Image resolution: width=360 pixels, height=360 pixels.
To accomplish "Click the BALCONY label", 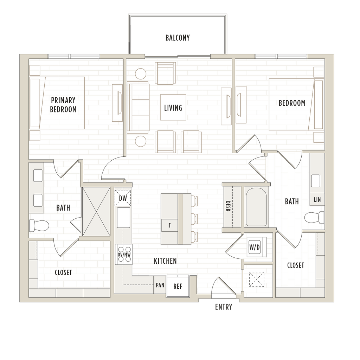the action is click(x=178, y=38).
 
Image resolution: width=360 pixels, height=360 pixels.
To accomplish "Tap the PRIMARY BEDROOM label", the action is click(x=63, y=105).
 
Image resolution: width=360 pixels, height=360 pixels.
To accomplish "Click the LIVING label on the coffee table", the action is click(x=173, y=108).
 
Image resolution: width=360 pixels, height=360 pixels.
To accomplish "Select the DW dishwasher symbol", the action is click(x=123, y=198).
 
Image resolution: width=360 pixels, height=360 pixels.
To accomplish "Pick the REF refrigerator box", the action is click(x=178, y=286).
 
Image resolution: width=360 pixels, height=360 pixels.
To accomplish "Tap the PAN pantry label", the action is click(x=160, y=285).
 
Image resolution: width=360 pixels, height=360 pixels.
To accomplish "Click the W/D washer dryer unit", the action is click(x=257, y=247).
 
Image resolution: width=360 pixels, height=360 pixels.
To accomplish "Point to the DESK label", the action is click(x=228, y=206).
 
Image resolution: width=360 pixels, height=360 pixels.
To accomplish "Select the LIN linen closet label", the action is click(x=317, y=200).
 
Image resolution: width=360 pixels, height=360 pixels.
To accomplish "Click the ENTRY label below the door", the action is click(x=224, y=307).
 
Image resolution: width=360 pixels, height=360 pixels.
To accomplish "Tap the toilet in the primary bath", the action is click(x=39, y=225).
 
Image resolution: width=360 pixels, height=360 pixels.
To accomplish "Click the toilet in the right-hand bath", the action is click(x=314, y=217).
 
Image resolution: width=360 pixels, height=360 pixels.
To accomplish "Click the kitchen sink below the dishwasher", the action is click(x=123, y=217).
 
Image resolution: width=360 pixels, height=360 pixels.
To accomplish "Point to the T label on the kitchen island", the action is click(x=170, y=225).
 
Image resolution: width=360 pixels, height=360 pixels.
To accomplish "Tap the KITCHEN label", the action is click(x=165, y=261).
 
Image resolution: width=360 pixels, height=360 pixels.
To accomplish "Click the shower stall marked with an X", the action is click(x=96, y=211).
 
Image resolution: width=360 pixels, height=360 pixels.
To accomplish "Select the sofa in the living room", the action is click(x=138, y=107).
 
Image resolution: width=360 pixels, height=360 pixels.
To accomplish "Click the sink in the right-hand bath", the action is click(x=316, y=181).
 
